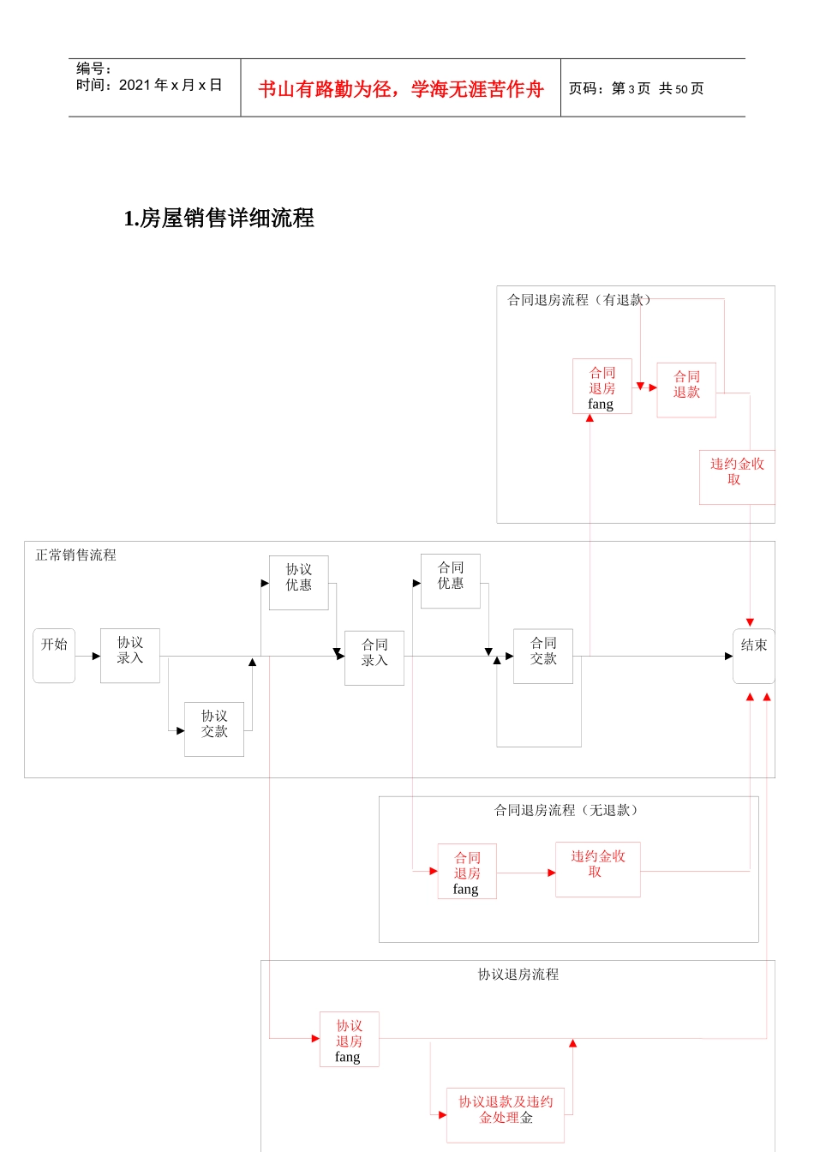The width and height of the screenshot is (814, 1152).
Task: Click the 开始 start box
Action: point(54,656)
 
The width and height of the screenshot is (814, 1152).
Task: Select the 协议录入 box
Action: point(130,656)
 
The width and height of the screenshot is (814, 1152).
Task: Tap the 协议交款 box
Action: point(214,729)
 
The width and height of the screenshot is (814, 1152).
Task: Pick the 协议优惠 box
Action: point(299,583)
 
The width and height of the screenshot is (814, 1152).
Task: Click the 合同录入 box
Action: point(374,657)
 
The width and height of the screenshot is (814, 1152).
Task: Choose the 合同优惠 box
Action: point(451,581)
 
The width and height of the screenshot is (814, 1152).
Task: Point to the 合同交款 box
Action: point(543,656)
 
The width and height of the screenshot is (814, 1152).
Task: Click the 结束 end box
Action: point(754,656)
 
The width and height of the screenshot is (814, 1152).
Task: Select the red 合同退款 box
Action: point(686,390)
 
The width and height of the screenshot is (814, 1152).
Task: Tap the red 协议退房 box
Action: point(350,1039)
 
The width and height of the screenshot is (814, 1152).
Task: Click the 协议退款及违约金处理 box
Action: point(506,1114)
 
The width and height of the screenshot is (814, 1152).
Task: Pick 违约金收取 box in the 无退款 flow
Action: point(598,869)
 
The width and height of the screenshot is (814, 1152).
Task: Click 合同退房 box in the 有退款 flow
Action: point(602,387)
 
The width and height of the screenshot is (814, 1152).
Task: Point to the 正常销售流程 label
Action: point(75,555)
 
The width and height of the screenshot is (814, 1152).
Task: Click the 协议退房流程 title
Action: point(518,975)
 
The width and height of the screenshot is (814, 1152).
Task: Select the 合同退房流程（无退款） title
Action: point(566,810)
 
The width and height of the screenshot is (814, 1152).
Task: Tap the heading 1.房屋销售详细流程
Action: point(219,219)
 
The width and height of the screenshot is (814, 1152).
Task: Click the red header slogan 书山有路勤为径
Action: point(326,89)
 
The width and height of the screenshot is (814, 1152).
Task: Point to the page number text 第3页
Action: point(631,89)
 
